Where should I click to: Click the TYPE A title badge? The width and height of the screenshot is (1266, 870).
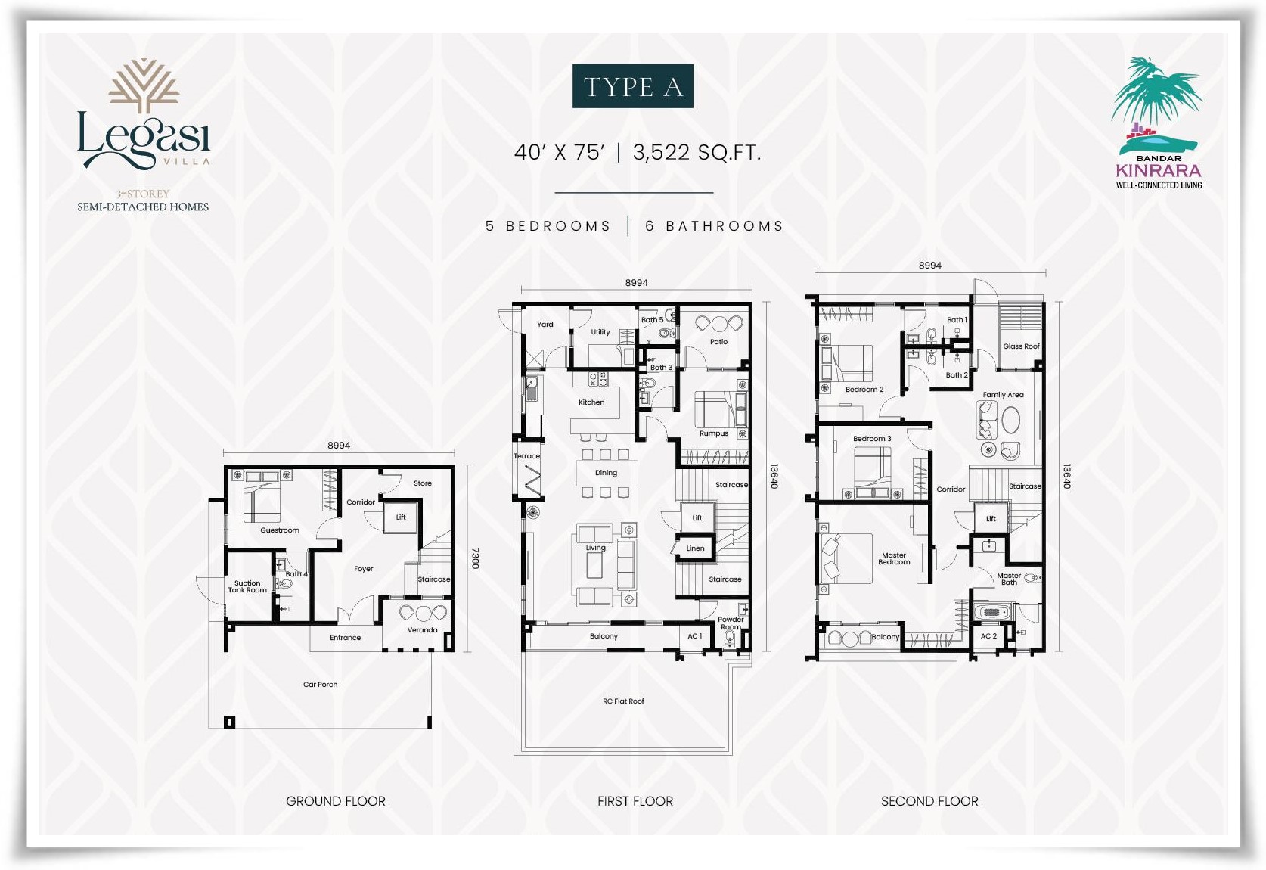(x=632, y=86)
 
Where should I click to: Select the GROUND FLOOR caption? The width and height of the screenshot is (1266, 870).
(x=336, y=801)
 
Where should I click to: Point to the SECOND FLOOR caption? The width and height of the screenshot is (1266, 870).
(x=929, y=801)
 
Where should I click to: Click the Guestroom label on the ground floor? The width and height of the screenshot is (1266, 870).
(x=280, y=530)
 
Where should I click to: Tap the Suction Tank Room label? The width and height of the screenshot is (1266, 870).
(x=247, y=586)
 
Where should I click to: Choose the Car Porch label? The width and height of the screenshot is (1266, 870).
(x=321, y=685)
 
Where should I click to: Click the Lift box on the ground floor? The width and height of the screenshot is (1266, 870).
(x=401, y=517)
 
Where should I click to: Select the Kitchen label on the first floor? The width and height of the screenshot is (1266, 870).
(x=591, y=402)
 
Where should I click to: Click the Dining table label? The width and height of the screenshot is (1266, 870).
(x=606, y=473)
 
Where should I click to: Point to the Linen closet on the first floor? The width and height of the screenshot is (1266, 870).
(x=694, y=548)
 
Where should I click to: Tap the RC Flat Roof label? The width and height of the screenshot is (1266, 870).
(x=623, y=701)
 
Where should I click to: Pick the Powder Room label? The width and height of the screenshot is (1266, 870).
(x=731, y=623)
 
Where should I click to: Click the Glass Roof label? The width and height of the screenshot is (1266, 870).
(x=1021, y=346)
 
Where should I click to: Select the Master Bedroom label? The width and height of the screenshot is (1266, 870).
(x=894, y=558)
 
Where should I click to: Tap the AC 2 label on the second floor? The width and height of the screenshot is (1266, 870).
(x=988, y=636)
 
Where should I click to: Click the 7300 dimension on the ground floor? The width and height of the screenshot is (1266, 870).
(x=475, y=558)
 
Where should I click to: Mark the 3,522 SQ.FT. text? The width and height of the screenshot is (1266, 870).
(x=697, y=153)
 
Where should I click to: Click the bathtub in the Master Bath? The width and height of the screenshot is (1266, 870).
(x=992, y=612)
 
